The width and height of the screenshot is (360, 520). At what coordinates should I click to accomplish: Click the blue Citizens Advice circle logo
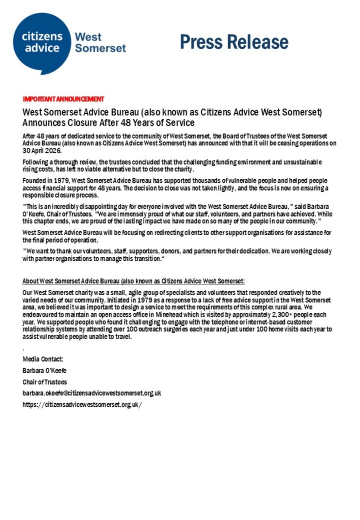[43, 44]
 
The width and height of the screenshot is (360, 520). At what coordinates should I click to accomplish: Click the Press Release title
[234, 42]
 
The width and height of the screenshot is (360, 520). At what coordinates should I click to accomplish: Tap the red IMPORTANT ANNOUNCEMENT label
[63, 99]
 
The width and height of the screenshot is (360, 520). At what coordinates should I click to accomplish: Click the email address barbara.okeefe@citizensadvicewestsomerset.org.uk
[92, 393]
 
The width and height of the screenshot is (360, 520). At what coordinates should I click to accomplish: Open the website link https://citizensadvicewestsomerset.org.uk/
[82, 404]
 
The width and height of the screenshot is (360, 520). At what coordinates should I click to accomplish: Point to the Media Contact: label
[43, 360]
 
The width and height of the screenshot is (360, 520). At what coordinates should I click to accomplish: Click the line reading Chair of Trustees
[45, 382]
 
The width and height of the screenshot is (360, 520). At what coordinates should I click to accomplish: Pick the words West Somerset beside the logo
[100, 43]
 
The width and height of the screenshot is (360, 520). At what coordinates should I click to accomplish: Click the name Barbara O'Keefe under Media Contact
[45, 371]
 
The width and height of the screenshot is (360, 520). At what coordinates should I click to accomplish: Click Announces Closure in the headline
[56, 122]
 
